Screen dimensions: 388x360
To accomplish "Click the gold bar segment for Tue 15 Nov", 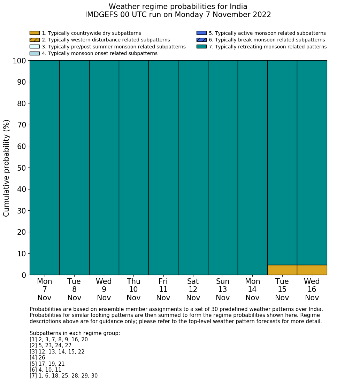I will coord(282,270).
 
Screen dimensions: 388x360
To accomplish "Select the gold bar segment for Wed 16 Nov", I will coord(312,270).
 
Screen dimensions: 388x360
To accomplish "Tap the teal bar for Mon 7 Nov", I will coord(44,167).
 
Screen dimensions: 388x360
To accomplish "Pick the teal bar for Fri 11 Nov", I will coord(163,167).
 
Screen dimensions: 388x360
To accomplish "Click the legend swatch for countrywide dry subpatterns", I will coord(35,33).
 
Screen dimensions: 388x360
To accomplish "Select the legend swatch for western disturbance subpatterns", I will coord(35,40).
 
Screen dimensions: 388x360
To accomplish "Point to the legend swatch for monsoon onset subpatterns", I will coord(35,53).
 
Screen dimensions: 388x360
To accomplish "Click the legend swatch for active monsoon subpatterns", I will coord(201,33).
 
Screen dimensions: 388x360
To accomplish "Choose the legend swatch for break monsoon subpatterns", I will coord(201,40).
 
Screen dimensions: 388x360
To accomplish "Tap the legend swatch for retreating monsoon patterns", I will coord(201,46).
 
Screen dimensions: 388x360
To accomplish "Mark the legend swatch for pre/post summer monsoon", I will coord(35,46).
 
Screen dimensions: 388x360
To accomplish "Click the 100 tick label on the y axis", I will coord(19,61).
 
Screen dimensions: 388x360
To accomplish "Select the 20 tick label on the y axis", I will coord(22,232).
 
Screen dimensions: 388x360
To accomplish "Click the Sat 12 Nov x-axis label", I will coord(193,289).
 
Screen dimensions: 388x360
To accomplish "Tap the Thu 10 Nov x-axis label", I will coord(133,289).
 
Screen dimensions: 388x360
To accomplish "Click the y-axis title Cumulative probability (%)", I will coord(7,168).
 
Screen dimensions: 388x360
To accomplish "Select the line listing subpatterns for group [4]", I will coord(37,358).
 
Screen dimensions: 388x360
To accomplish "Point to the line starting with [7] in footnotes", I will coord(63,376).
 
